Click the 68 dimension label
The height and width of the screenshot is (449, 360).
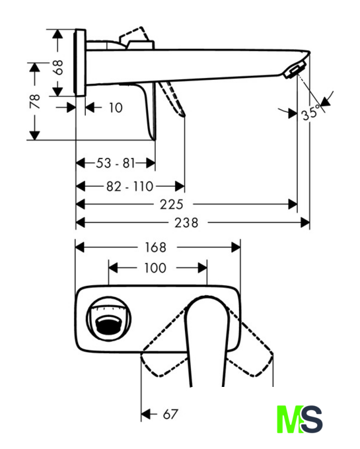(58, 67)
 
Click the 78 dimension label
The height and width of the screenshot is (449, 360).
(34, 101)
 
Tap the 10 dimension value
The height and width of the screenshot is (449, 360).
(116, 108)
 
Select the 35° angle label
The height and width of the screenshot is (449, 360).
(310, 112)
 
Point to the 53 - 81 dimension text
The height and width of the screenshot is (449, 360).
(115, 163)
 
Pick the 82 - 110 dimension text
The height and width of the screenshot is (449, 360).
(130, 186)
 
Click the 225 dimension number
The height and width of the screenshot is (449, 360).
(172, 205)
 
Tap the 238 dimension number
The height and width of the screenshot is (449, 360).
(186, 223)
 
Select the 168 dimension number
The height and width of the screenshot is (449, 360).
(155, 248)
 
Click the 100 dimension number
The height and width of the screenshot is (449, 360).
(155, 268)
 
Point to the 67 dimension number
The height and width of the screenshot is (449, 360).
(170, 414)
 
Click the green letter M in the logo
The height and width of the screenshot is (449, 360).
(289, 419)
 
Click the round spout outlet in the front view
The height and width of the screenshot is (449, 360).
(109, 319)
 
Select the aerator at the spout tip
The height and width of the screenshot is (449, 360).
(294, 69)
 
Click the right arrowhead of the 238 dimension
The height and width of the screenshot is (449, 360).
(305, 223)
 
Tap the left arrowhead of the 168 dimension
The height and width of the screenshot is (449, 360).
(80, 248)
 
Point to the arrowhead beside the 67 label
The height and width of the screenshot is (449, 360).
(145, 414)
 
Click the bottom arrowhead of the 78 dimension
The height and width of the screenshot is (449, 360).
(34, 135)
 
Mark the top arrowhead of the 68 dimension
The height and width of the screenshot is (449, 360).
(58, 34)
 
